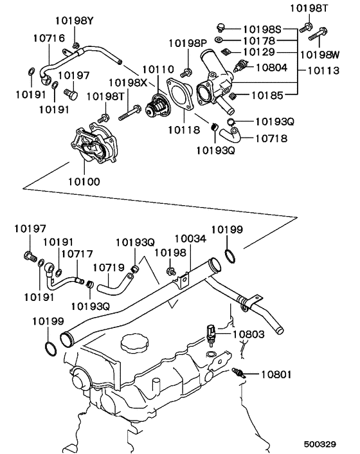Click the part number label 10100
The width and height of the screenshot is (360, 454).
click(84, 181)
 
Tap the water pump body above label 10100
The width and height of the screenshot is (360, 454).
click(93, 145)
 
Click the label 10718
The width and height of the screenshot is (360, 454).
click(271, 138)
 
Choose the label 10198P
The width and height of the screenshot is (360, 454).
click(188, 43)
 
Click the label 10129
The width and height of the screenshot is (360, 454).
click(261, 51)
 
